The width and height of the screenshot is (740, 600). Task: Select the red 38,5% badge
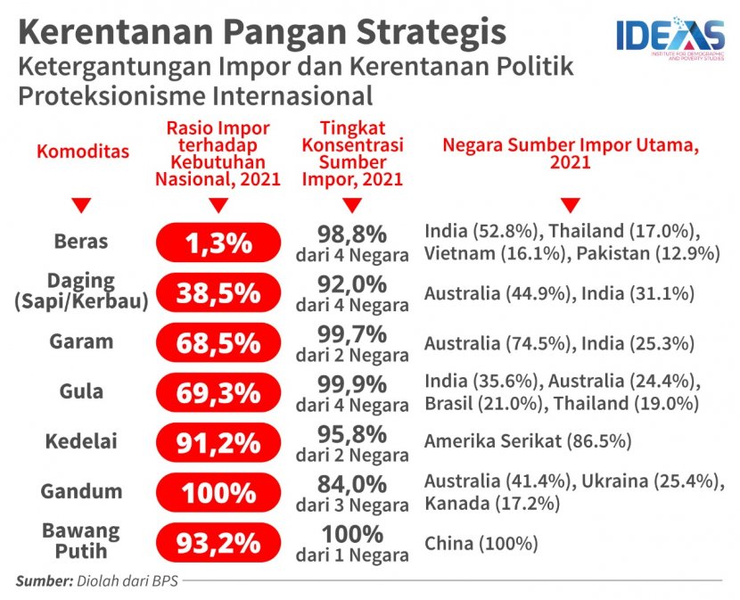(x=214, y=292)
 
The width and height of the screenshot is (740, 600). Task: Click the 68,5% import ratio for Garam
(x=214, y=342)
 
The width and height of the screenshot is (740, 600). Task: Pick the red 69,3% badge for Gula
(x=214, y=392)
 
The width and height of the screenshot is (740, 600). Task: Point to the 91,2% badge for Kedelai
(x=214, y=442)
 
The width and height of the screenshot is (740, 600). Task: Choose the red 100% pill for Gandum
(x=214, y=492)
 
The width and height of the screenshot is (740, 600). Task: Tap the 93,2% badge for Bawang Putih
(x=214, y=542)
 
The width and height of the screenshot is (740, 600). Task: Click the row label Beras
(x=80, y=242)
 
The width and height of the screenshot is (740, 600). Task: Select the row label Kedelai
(x=80, y=441)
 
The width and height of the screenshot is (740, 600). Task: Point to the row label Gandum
(x=80, y=491)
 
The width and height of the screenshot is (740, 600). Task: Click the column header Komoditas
(x=82, y=152)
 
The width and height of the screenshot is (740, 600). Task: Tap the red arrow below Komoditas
(x=81, y=206)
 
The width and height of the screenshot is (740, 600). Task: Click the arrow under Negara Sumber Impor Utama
(x=571, y=206)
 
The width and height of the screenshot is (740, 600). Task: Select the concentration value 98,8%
(x=352, y=234)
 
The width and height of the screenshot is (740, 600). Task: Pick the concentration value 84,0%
(x=352, y=484)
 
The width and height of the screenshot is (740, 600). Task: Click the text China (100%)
(x=481, y=543)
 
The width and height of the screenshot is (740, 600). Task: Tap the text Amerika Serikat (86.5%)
(x=528, y=441)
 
